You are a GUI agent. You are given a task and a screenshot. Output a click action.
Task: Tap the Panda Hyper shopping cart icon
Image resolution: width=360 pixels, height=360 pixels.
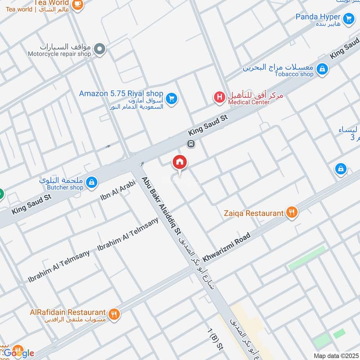348,18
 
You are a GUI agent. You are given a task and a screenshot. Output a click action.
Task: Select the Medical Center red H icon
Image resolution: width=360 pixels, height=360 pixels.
219,96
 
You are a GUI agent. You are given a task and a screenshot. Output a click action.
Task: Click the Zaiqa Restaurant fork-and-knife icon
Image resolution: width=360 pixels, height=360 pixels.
292,212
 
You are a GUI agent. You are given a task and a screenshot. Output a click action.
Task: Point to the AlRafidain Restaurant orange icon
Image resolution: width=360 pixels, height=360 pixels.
114,314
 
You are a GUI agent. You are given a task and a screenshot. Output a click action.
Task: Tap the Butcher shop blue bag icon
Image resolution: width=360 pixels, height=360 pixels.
91,182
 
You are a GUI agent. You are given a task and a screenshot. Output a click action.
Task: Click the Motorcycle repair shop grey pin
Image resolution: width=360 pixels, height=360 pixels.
100,49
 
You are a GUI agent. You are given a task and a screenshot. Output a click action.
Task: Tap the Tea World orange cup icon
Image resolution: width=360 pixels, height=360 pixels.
78,4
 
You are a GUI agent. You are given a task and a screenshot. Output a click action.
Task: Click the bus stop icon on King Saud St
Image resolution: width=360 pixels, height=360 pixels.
191,144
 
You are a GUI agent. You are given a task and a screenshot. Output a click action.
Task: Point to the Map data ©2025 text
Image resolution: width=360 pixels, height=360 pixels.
336,355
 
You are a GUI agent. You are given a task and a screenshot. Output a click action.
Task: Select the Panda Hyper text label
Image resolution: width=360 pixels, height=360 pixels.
318,17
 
